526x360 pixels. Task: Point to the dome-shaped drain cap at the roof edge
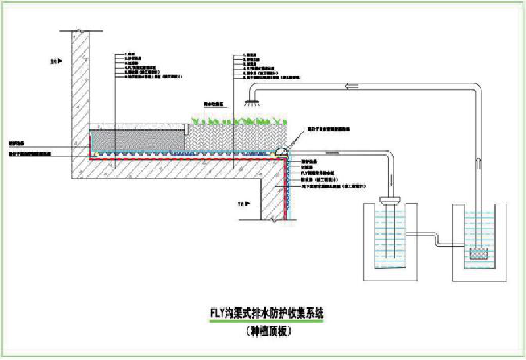(x=281, y=150)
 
